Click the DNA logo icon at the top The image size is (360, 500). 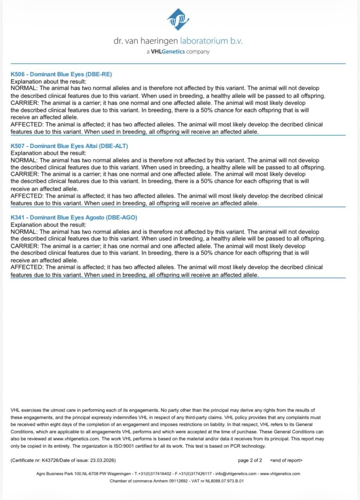click(x=179, y=20)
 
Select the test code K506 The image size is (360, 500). click(x=18, y=75)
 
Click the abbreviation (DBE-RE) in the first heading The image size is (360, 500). click(x=98, y=75)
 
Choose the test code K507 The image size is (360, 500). click(x=18, y=146)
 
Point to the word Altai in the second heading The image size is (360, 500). click(x=91, y=146)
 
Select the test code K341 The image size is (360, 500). click(x=18, y=217)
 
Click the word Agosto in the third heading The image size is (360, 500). click(x=94, y=217)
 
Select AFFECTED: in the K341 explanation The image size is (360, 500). click(x=26, y=267)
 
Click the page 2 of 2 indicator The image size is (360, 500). click(x=250, y=460)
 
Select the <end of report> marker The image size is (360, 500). click(x=286, y=460)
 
